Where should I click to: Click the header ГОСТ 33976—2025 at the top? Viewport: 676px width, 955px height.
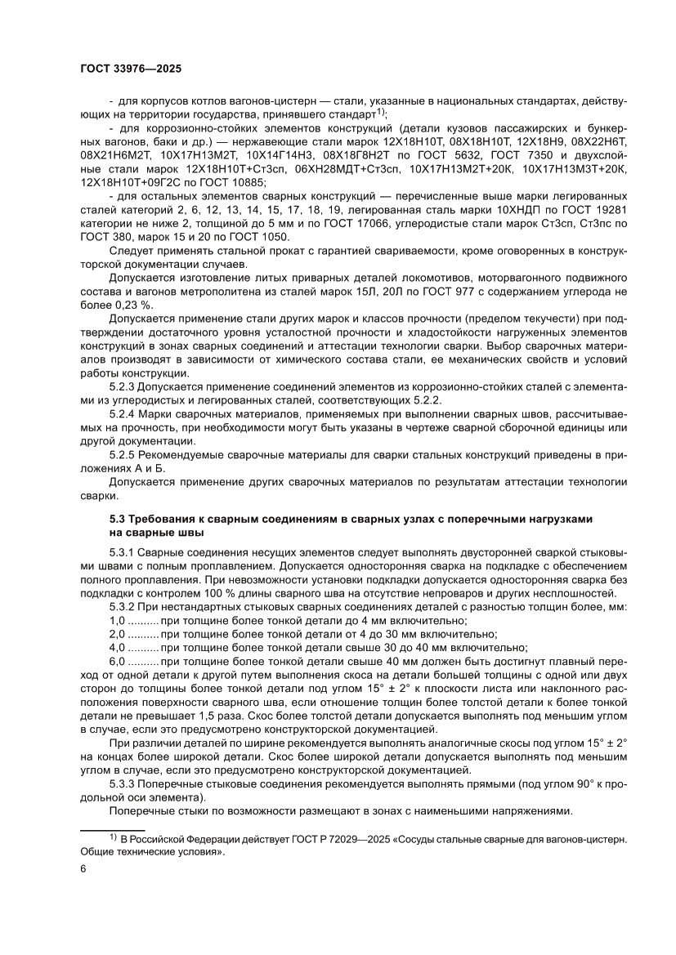[131, 69]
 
